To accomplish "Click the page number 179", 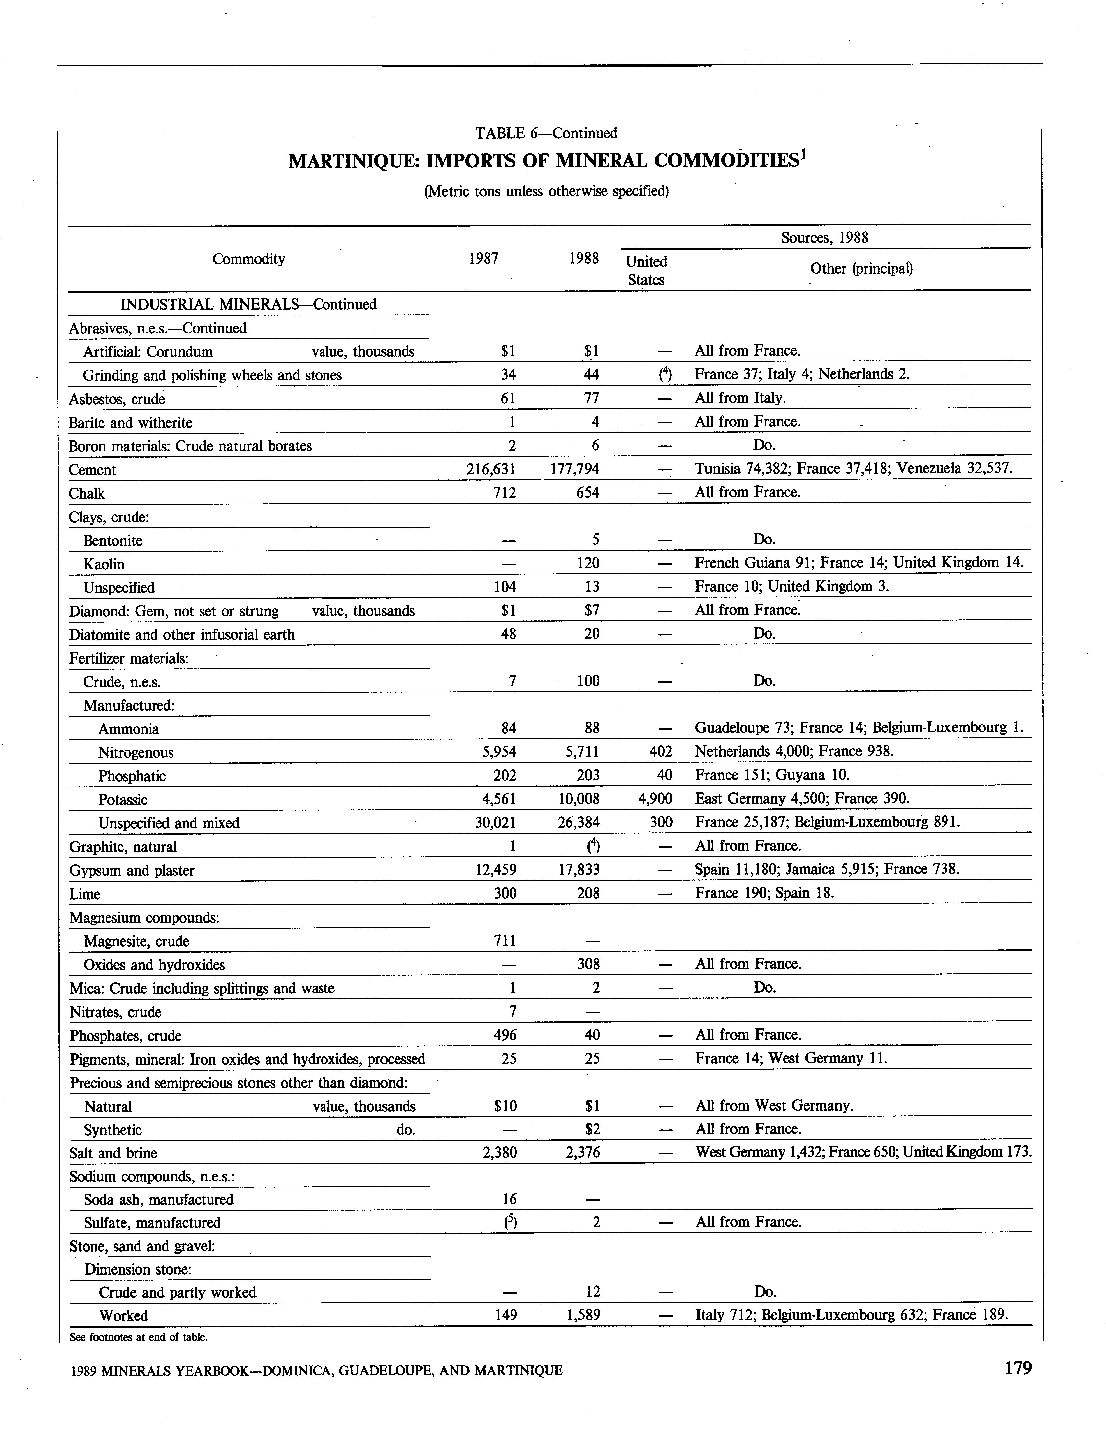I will coord(1018,1368).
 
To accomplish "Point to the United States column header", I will coord(646,270).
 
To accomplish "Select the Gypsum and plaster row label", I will coord(132,870).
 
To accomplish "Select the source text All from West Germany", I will coord(774,1105).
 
